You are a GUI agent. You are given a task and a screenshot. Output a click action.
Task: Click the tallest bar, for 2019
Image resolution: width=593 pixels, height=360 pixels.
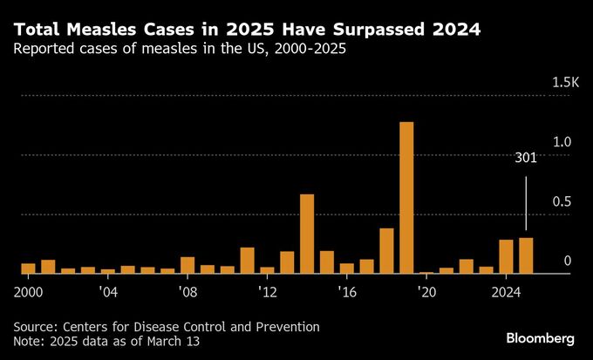click(406, 198)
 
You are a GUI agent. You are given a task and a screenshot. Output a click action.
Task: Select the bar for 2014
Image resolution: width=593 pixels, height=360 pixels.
click(307, 234)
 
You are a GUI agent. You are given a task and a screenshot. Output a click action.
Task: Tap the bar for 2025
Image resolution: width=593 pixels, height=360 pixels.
click(526, 255)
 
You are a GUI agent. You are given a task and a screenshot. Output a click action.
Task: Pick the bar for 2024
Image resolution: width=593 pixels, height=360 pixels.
click(506, 256)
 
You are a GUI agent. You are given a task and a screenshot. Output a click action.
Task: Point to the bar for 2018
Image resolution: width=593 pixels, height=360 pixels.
click(386, 251)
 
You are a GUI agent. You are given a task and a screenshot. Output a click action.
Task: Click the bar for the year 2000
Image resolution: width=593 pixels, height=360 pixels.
click(29, 268)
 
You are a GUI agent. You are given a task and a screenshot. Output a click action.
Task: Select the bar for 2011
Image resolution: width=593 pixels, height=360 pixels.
click(248, 261)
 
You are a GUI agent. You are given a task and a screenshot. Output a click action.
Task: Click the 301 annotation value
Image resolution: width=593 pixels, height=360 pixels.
click(526, 159)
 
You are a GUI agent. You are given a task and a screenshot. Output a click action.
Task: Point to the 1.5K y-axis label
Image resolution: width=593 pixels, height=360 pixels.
click(565, 83)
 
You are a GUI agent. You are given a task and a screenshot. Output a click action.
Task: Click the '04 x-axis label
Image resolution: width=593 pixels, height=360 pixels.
click(108, 290)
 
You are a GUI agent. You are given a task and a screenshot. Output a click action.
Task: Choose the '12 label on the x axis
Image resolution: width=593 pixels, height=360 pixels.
click(268, 290)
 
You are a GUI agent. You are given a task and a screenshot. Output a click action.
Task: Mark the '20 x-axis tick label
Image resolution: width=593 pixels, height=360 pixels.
click(426, 290)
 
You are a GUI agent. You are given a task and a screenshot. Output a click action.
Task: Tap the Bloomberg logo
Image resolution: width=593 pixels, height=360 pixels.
click(541, 337)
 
